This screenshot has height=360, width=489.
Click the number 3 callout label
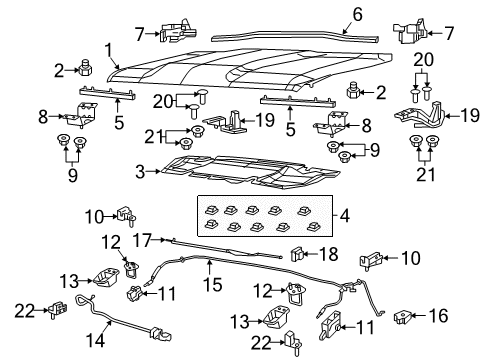[x=140, y=172]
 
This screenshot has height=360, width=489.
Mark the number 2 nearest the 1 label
[x=60, y=70]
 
